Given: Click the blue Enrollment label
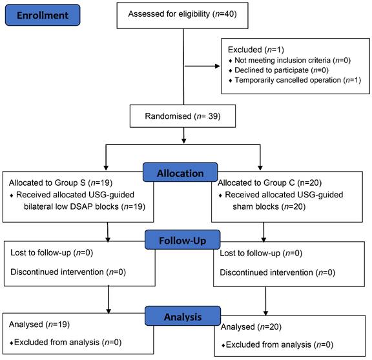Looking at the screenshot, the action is pyautogui.click(x=43, y=15).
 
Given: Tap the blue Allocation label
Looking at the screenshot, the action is pyautogui.click(x=180, y=172).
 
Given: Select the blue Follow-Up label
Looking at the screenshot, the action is pyautogui.click(x=182, y=240).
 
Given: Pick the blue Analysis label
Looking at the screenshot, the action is pyautogui.click(x=183, y=316).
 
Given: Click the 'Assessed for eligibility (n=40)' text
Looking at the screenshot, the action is pyautogui.click(x=182, y=14).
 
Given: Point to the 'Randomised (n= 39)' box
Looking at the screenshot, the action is pyautogui.click(x=183, y=116).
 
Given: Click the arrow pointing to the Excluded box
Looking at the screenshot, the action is pyautogui.click(x=202, y=66).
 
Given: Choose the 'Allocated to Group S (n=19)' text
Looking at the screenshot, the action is pyautogui.click(x=61, y=183).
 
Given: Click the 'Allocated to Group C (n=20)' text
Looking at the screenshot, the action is pyautogui.click(x=269, y=183).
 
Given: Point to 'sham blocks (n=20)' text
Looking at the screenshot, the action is pyautogui.click(x=269, y=206).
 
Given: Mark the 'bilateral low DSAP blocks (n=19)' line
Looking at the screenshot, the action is pyautogui.click(x=85, y=206).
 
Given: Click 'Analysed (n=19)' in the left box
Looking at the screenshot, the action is pyautogui.click(x=39, y=325).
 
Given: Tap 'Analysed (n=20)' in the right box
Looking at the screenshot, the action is pyautogui.click(x=251, y=327).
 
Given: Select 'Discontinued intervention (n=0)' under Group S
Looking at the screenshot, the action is pyautogui.click(x=68, y=272).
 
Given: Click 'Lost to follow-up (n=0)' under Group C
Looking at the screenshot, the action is pyautogui.click(x=261, y=254).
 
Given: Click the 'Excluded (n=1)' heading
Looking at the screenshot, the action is pyautogui.click(x=256, y=50).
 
